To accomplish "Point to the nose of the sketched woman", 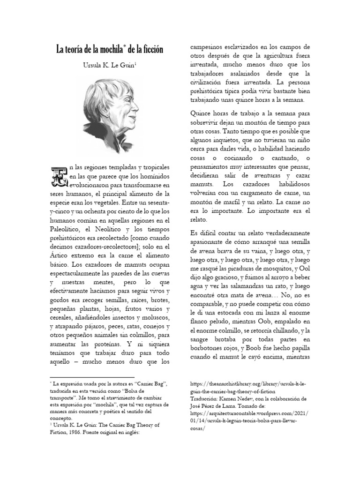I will pos(136,116).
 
